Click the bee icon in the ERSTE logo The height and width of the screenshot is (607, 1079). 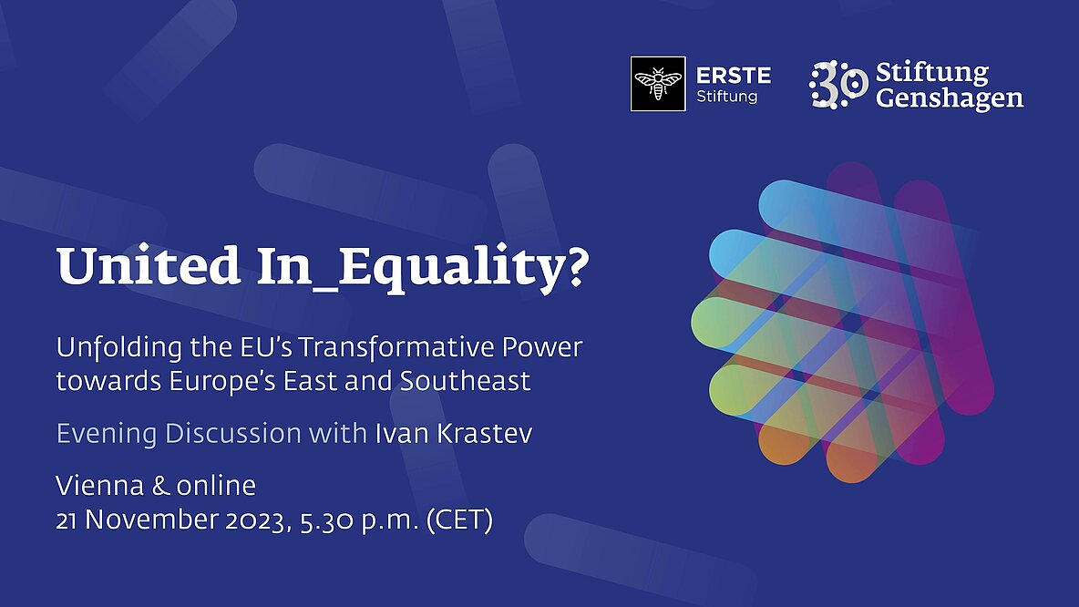click(x=658, y=84)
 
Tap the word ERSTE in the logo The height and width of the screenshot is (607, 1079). click(x=734, y=75)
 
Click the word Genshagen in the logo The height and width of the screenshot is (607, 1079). click(x=950, y=98)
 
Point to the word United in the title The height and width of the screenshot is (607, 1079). click(x=149, y=265)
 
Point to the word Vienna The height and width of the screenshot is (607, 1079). click(x=99, y=486)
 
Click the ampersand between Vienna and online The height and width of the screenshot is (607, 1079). click(x=159, y=486)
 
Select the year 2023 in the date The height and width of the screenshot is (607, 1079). click(x=255, y=520)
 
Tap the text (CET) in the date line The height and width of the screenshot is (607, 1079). click(x=459, y=520)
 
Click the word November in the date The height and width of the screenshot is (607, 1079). click(x=151, y=520)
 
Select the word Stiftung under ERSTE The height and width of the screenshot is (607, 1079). click(x=726, y=97)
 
